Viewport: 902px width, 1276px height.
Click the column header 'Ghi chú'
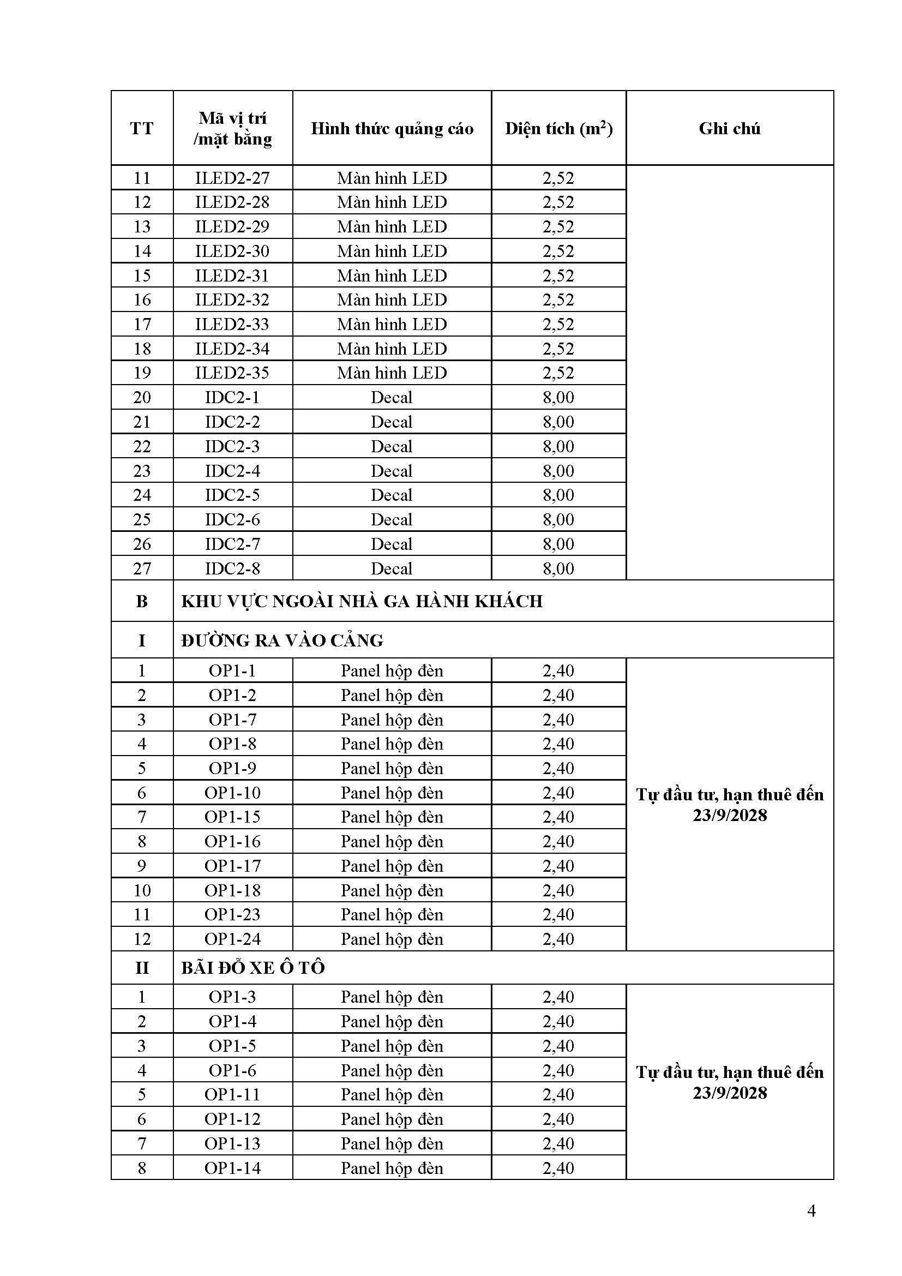(729, 128)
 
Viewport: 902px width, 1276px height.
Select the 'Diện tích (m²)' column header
(558, 128)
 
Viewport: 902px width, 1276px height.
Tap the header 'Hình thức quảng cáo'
(392, 128)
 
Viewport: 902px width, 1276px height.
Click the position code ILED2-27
(232, 178)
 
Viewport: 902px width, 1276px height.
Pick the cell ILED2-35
(232, 373)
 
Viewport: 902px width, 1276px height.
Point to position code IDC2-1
(232, 397)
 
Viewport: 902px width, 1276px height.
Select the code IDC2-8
(232, 568)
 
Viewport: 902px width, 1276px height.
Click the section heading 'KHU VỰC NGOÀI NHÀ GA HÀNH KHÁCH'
(362, 601)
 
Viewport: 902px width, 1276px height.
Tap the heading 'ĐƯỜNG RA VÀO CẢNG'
(282, 641)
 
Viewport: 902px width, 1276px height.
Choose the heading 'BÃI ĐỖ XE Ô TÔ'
(252, 968)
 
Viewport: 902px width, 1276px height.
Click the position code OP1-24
(232, 939)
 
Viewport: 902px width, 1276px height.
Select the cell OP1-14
(232, 1167)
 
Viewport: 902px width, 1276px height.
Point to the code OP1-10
(232, 793)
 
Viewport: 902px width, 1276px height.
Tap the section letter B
(142, 601)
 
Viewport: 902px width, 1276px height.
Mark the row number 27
(142, 568)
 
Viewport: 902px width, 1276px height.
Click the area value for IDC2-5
(558, 495)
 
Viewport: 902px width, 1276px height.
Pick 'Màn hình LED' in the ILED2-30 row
(392, 251)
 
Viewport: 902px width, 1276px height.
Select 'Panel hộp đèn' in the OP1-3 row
(392, 997)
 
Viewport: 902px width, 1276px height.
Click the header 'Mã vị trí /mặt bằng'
(232, 128)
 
